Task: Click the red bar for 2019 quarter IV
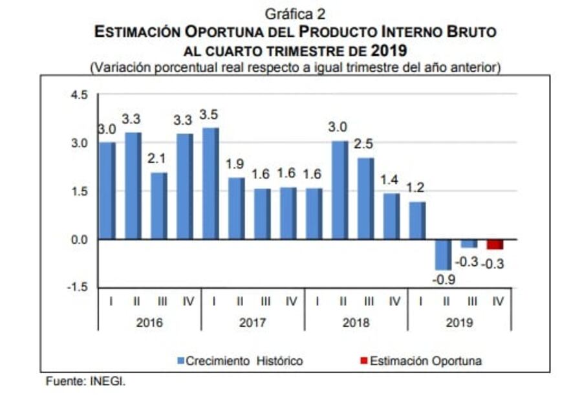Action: pos(495,244)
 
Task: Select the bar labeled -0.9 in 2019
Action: pos(443,254)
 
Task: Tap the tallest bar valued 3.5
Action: pos(210,184)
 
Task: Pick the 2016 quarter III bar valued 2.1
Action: pos(159,206)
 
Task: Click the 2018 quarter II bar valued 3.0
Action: pos(339,190)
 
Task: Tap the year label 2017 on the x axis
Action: pos(252,322)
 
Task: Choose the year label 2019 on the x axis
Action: pos(459,322)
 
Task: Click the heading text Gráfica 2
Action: pos(295,13)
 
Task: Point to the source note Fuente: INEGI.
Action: pos(85,382)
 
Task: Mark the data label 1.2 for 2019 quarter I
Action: pos(416,188)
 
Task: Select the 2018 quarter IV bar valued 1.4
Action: pos(391,216)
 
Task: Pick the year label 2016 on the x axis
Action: pos(149,322)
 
